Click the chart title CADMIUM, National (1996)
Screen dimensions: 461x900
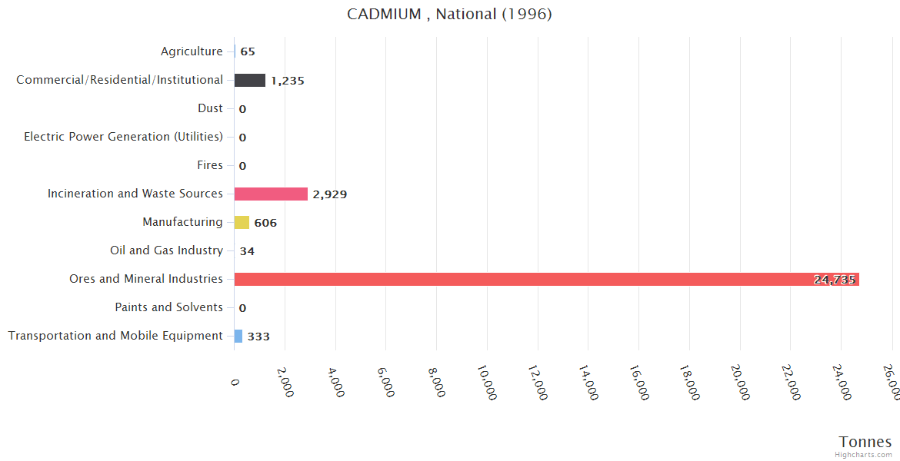449,14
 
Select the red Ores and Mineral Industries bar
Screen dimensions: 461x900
546,279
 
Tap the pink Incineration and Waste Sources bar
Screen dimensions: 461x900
271,194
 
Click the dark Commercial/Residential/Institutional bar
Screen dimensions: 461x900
250,80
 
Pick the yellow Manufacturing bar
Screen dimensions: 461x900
242,222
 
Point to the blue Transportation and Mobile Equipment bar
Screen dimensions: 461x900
238,336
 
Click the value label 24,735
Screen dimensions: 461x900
835,280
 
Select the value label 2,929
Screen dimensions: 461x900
329,194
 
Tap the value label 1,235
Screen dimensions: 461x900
287,81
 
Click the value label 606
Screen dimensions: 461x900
265,223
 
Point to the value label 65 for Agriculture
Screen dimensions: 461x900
248,52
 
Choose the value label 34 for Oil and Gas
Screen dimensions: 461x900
247,251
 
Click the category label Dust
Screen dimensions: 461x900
210,108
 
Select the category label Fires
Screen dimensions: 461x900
210,165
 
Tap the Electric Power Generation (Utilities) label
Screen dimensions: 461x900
123,137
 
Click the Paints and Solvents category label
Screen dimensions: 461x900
168,307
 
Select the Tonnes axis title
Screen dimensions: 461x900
865,442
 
